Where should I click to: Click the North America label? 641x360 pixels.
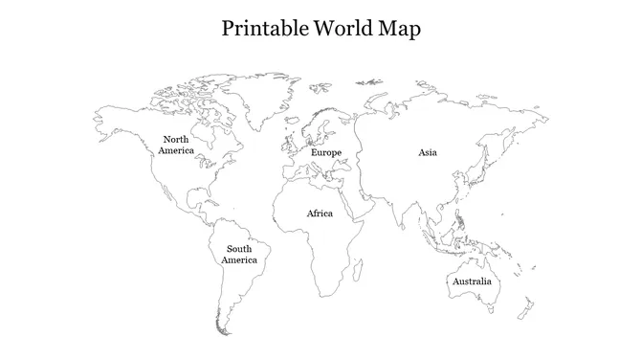[x=176, y=146]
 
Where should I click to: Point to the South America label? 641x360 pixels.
[x=239, y=255]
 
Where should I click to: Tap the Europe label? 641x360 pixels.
[x=326, y=153]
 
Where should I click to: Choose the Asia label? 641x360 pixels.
[x=428, y=152]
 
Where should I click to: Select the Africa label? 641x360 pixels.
[x=320, y=214]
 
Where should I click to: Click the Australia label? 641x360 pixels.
[x=472, y=281]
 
